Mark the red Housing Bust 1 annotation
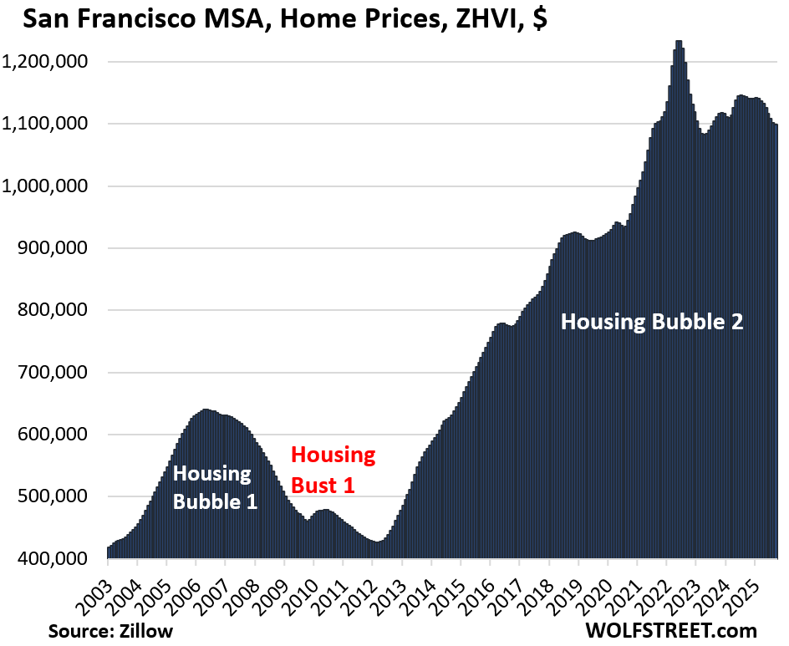tap(333, 469)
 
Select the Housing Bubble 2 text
tap(652, 322)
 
